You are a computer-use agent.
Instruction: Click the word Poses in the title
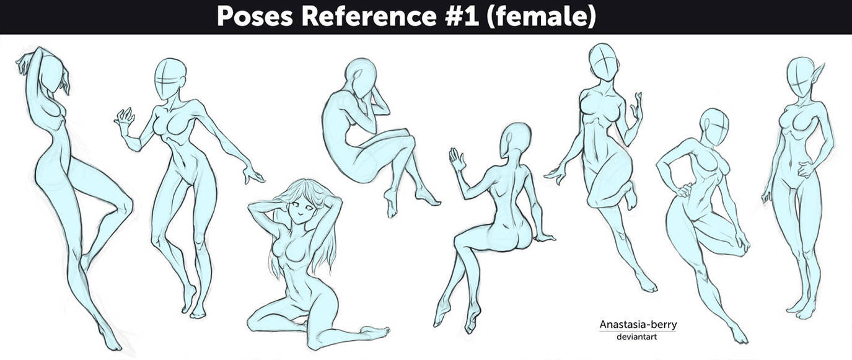click(253, 17)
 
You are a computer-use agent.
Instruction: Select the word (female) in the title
click(542, 17)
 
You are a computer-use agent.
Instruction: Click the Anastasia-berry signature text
click(638, 325)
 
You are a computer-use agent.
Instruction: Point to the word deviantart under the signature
click(638, 336)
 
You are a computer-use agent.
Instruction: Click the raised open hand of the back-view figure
click(457, 159)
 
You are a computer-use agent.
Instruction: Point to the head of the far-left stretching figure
click(53, 71)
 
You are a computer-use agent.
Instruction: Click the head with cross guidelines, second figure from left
click(170, 78)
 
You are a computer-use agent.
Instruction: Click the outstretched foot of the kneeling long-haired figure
click(375, 332)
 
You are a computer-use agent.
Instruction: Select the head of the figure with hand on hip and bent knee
click(714, 126)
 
